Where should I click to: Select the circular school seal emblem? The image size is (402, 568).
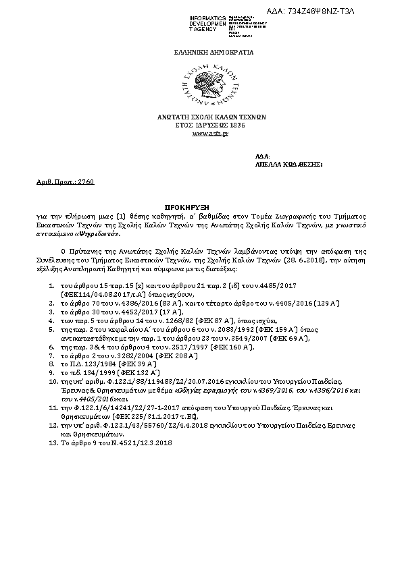point(209,84)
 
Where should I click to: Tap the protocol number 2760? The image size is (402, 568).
point(86,182)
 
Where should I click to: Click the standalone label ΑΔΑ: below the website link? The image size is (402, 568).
point(262,157)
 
